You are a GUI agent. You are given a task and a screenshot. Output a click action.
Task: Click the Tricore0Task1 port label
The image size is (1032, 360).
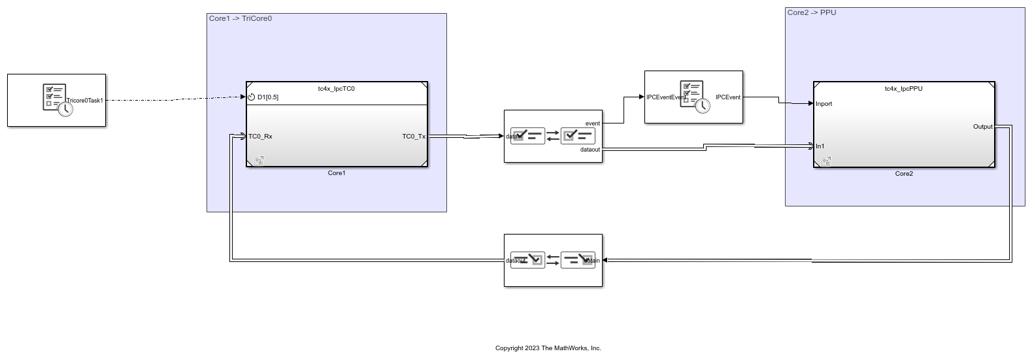pyautogui.click(x=85, y=101)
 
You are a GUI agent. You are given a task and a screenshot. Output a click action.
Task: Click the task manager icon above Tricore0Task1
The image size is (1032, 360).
pyautogui.click(x=55, y=97)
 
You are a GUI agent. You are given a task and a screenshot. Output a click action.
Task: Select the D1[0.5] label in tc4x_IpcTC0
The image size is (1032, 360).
pyautogui.click(x=268, y=97)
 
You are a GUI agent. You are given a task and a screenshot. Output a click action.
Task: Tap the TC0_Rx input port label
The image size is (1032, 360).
pyautogui.click(x=260, y=137)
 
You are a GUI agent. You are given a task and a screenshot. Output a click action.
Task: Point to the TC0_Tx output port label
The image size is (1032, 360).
pyautogui.click(x=414, y=137)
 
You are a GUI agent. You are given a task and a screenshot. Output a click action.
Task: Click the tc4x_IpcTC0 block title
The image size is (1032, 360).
pyautogui.click(x=337, y=89)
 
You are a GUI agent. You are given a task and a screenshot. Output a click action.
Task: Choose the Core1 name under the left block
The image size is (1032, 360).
pyautogui.click(x=337, y=173)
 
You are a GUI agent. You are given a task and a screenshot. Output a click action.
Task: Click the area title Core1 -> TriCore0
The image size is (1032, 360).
pyautogui.click(x=241, y=18)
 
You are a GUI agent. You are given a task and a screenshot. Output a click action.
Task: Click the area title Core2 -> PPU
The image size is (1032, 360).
pyautogui.click(x=812, y=12)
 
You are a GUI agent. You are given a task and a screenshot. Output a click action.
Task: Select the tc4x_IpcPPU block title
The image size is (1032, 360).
pyautogui.click(x=904, y=89)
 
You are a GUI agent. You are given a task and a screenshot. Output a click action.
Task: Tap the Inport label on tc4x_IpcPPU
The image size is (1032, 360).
pyautogui.click(x=824, y=104)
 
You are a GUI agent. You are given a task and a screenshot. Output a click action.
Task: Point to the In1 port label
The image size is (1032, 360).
pyautogui.click(x=820, y=146)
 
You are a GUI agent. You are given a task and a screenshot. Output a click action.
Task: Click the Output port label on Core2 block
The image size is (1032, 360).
pyautogui.click(x=982, y=127)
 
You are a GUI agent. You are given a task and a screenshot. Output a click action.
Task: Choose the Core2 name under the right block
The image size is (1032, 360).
pyautogui.click(x=904, y=174)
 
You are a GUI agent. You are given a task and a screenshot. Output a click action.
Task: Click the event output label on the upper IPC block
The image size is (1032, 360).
pyautogui.click(x=593, y=123)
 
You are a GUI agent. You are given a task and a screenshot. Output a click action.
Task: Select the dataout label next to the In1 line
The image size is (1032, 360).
pyautogui.click(x=590, y=150)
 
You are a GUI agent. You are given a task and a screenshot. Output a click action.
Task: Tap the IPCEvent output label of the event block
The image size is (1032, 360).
pyautogui.click(x=728, y=97)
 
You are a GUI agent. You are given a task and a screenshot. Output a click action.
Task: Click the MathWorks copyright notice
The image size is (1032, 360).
pyautogui.click(x=548, y=348)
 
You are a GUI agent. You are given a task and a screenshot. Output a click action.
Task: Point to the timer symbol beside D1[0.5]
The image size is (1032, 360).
pyautogui.click(x=251, y=97)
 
